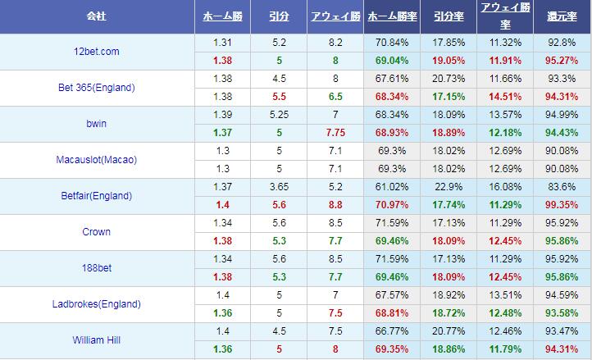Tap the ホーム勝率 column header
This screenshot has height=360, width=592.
point(391,16)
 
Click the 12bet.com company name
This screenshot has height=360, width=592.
point(96,52)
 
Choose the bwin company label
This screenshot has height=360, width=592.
point(98,124)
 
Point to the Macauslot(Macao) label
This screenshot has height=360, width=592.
point(98,160)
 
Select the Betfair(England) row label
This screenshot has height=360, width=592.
point(98,196)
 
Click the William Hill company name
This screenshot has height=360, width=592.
point(98,340)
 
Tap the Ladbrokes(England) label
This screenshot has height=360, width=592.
point(98,304)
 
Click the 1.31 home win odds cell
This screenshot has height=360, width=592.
point(221,43)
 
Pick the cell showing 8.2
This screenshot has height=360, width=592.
point(335,43)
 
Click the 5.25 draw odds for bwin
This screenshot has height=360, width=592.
point(278,115)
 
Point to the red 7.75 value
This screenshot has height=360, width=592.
point(335,133)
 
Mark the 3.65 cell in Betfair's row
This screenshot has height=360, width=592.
point(278,187)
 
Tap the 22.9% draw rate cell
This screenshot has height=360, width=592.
point(449,187)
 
